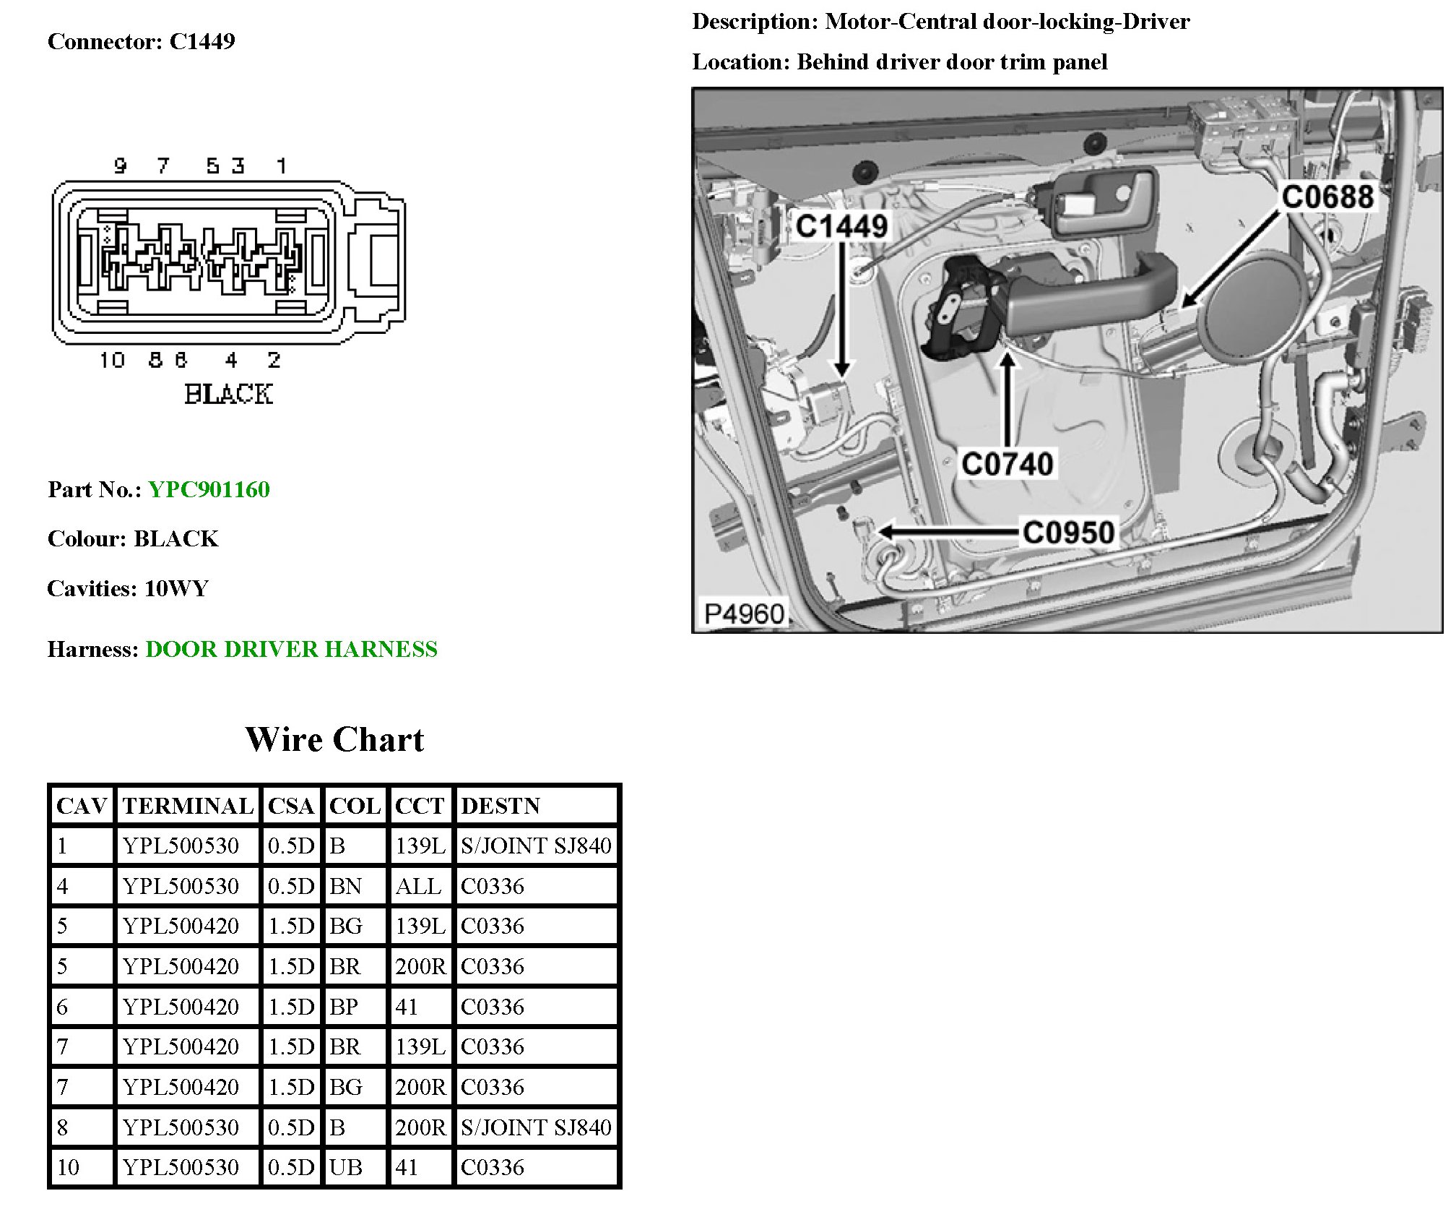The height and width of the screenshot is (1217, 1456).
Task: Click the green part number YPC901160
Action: (x=209, y=489)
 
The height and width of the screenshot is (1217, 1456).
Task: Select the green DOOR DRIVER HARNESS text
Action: (x=291, y=649)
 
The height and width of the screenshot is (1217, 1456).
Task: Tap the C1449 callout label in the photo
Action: (x=841, y=226)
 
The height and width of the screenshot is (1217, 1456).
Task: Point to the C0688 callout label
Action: (x=1327, y=197)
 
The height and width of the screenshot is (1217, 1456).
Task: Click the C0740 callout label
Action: (x=1007, y=463)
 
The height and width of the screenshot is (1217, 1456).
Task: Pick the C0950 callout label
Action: (x=1069, y=533)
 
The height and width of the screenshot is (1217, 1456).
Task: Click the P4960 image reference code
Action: (x=744, y=614)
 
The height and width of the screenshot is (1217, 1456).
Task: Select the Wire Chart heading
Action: (x=334, y=739)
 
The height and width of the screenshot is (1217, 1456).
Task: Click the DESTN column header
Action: (x=500, y=806)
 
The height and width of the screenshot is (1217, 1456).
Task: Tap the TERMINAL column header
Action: (x=188, y=806)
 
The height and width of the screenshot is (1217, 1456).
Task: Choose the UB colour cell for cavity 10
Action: (x=346, y=1167)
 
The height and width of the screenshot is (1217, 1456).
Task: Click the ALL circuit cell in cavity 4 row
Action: (x=418, y=886)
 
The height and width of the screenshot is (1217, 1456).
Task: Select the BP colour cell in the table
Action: (x=344, y=1007)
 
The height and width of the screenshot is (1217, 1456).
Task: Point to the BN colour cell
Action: (x=345, y=886)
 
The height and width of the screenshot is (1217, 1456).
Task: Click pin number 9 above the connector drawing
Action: (x=121, y=166)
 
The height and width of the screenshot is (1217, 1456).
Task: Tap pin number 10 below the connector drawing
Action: (x=112, y=360)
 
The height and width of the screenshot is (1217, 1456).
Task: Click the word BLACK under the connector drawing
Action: (x=228, y=395)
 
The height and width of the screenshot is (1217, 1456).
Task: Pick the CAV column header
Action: (x=82, y=806)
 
